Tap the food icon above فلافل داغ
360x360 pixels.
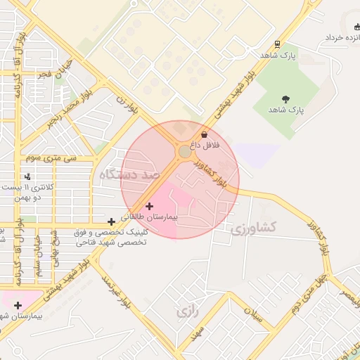[205, 134]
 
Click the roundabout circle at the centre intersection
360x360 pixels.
[184, 151]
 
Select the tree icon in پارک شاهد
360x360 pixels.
[285, 99]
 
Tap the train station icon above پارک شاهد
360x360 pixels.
[278, 44]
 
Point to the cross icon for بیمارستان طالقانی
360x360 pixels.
[149, 206]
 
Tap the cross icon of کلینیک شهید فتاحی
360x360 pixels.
[111, 221]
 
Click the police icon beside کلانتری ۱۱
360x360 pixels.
[27, 176]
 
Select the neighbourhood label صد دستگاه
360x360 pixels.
[131, 178]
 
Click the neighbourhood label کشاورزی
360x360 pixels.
[254, 227]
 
